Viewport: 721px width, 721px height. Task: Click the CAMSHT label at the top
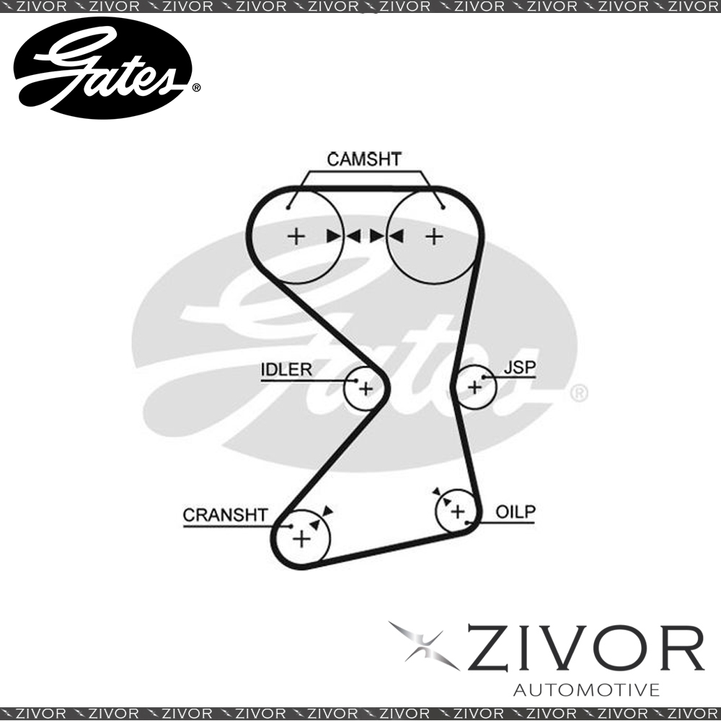pyautogui.click(x=364, y=159)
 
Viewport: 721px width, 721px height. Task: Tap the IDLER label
pyautogui.click(x=286, y=369)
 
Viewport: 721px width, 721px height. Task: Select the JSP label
pyautogui.click(x=520, y=368)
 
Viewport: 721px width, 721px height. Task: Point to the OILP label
pyautogui.click(x=516, y=512)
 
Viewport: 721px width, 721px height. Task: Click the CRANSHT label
pyautogui.click(x=225, y=515)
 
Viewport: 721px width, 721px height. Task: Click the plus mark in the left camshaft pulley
pyautogui.click(x=296, y=236)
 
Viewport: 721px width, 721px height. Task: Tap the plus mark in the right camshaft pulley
pyautogui.click(x=434, y=236)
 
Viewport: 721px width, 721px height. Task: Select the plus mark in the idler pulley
pyautogui.click(x=366, y=389)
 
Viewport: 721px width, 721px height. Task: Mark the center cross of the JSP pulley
pyautogui.click(x=474, y=388)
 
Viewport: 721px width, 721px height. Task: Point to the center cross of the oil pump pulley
pyautogui.click(x=458, y=511)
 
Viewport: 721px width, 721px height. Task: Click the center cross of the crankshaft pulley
pyautogui.click(x=301, y=539)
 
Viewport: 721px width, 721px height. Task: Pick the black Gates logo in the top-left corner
pyautogui.click(x=102, y=68)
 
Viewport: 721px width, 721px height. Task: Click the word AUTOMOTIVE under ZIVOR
pyautogui.click(x=586, y=690)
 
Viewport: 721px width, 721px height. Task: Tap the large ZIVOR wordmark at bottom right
pyautogui.click(x=585, y=648)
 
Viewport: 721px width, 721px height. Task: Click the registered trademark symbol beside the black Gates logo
pyautogui.click(x=196, y=87)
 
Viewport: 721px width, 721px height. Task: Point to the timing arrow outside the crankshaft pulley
pyautogui.click(x=327, y=511)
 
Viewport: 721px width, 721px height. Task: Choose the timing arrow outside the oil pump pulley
pyautogui.click(x=436, y=492)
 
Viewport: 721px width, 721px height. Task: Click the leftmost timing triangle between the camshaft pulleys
pyautogui.click(x=333, y=236)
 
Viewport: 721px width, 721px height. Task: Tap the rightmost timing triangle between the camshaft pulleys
pyautogui.click(x=397, y=236)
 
